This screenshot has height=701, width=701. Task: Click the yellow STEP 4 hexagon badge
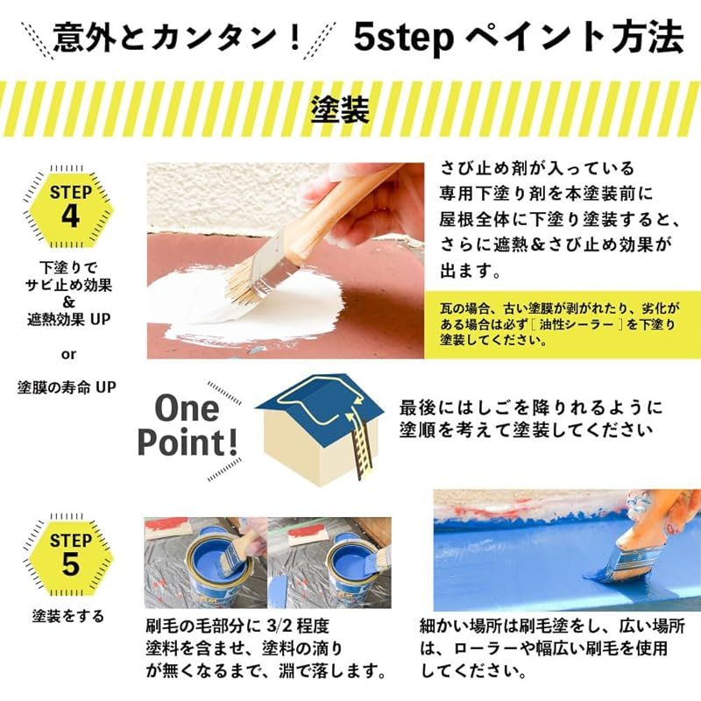point(70,206)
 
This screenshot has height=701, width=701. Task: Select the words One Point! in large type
point(188,425)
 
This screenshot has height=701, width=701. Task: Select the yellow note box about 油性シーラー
point(562,324)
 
